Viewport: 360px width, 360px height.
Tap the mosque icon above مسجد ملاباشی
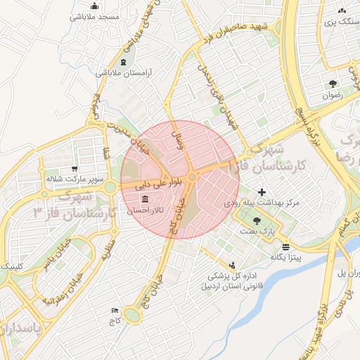94,6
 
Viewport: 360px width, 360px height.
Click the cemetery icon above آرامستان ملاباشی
124,63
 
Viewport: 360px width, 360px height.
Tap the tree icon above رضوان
332,85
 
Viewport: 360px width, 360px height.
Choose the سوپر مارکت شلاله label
75,179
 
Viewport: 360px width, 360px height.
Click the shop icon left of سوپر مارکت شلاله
41,179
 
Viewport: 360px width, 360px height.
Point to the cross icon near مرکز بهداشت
262,191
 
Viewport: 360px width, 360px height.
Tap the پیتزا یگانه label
287,257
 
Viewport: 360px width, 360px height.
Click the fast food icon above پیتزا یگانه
285,247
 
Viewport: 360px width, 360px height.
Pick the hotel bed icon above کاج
115,310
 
